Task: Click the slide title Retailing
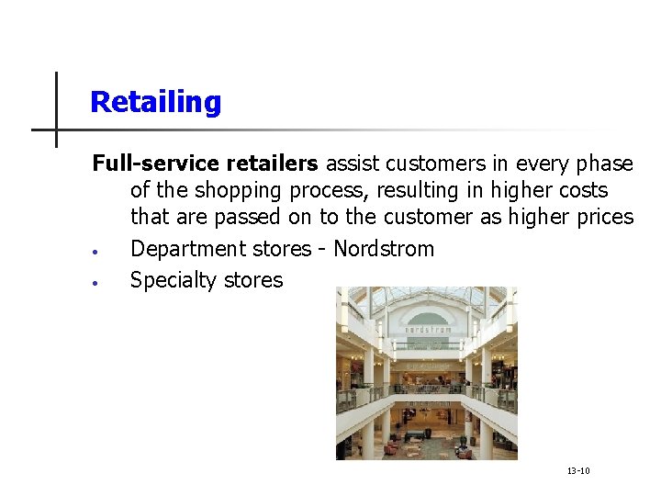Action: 155,102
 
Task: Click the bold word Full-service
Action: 144,164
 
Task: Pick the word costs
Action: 577,191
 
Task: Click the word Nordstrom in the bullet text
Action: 384,249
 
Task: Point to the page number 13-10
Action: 578,471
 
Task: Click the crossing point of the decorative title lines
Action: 56,130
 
